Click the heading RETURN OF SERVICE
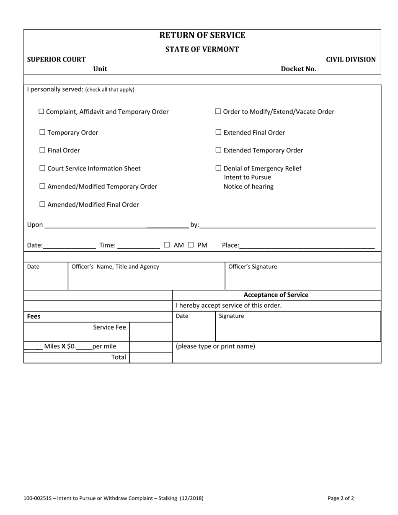click(202, 35)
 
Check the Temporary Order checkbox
click(42, 133)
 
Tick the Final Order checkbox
click(42, 150)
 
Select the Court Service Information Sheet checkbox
click(42, 168)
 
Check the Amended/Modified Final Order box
click(42, 205)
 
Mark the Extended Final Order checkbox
click(218, 133)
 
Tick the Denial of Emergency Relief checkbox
click(218, 168)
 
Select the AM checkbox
click(167, 245)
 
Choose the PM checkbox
click(191, 245)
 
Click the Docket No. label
click(298, 69)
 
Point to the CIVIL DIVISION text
click(351, 59)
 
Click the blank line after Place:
click(307, 245)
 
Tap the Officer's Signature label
click(252, 267)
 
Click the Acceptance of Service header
click(276, 295)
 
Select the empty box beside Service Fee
click(150, 332)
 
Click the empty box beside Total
click(150, 358)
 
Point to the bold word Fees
click(34, 317)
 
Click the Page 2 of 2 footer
click(341, 498)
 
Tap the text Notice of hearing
click(248, 187)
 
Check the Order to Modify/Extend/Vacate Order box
click(218, 112)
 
